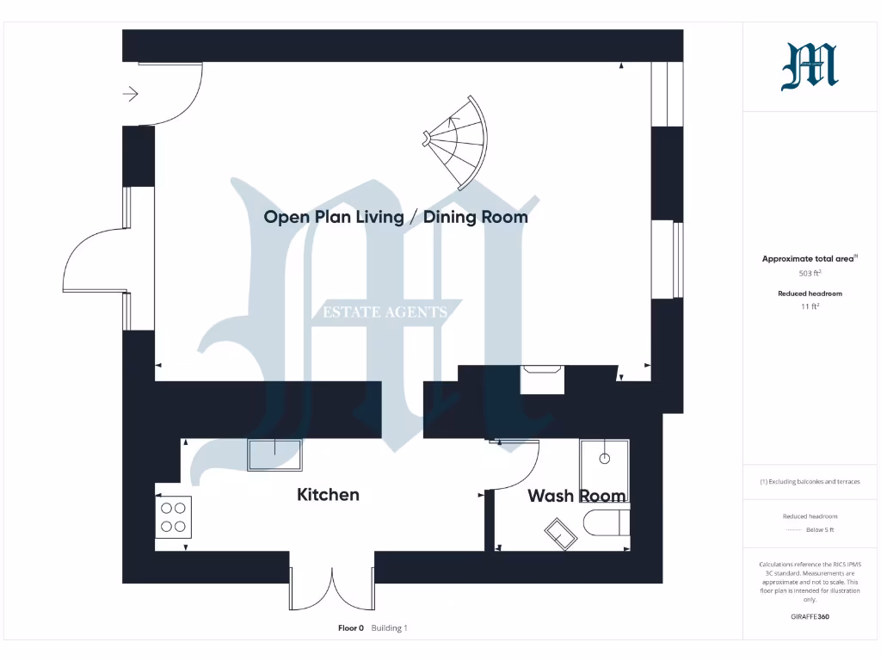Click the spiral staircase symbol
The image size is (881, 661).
click(460, 141)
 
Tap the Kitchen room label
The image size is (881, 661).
click(328, 494)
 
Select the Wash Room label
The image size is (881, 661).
click(576, 496)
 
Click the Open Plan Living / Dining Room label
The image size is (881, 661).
click(396, 217)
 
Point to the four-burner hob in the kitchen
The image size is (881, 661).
click(173, 516)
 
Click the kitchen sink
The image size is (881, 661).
click(275, 454)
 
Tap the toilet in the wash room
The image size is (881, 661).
click(607, 522)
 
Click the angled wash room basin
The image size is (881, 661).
click(561, 534)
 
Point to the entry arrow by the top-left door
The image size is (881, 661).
click(131, 94)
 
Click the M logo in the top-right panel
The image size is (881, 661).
click(809, 67)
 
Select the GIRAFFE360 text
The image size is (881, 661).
click(810, 616)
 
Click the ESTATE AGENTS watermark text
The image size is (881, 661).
click(385, 312)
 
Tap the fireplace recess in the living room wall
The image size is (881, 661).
click(543, 378)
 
